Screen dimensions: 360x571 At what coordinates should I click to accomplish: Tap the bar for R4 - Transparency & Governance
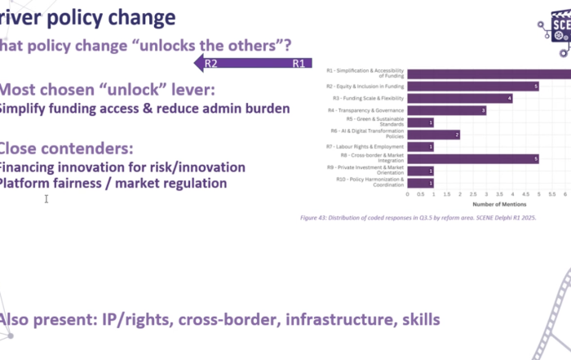click(447, 110)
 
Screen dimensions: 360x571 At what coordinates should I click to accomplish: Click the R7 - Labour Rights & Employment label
click(366, 147)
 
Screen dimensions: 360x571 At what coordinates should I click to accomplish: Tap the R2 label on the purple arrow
click(211, 63)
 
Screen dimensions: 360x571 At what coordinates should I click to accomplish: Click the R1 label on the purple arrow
click(299, 63)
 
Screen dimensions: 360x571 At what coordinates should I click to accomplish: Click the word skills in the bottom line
click(418, 320)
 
